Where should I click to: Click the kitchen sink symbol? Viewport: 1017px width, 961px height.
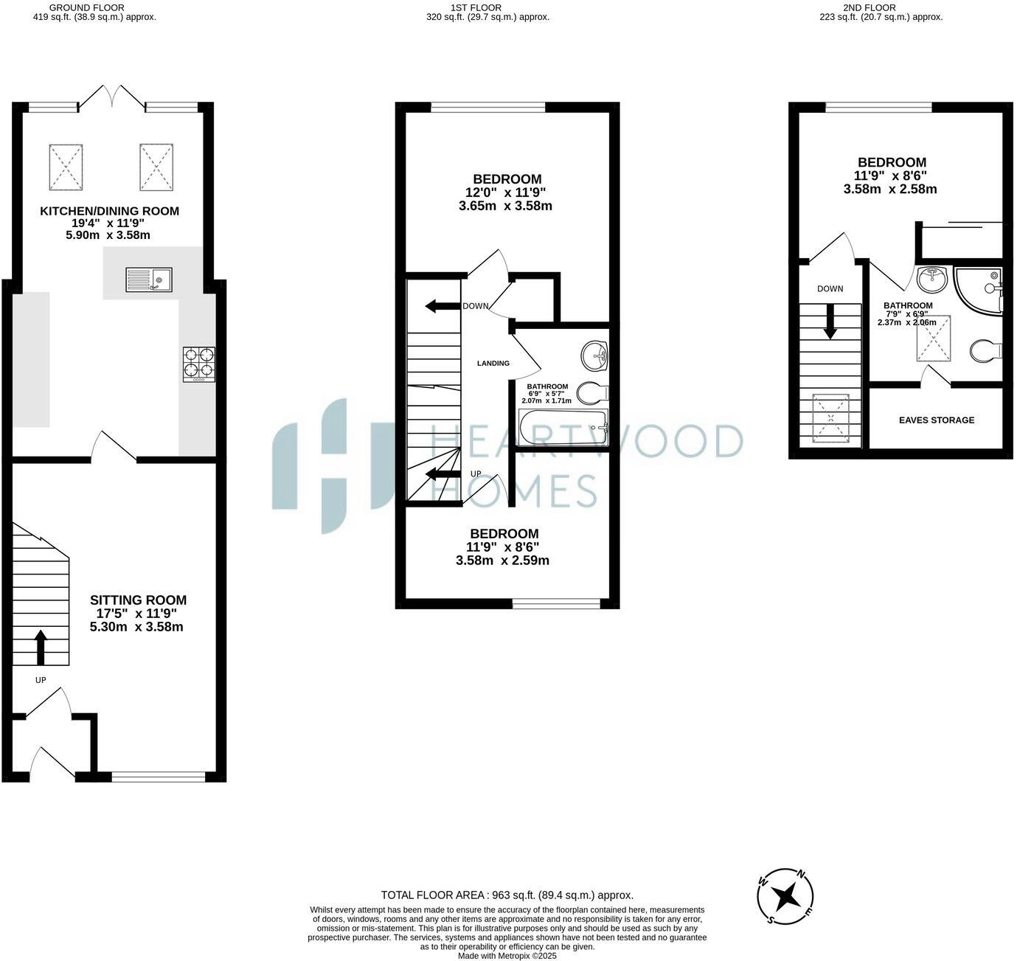(149, 280)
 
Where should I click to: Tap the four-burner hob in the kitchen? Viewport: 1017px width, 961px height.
(199, 364)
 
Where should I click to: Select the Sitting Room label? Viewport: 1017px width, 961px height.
(138, 600)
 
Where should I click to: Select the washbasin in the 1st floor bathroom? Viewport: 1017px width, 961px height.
(594, 356)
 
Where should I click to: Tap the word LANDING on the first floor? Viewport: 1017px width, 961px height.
(493, 363)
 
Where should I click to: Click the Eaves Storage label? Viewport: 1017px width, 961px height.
(937, 420)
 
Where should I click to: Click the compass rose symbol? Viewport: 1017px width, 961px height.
(787, 896)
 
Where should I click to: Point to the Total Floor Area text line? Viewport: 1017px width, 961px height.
(507, 895)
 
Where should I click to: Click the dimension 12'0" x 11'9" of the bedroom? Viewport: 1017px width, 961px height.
(505, 192)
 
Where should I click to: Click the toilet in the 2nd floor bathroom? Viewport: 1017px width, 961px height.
(985, 351)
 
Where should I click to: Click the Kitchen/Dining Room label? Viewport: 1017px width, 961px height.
(109, 211)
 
